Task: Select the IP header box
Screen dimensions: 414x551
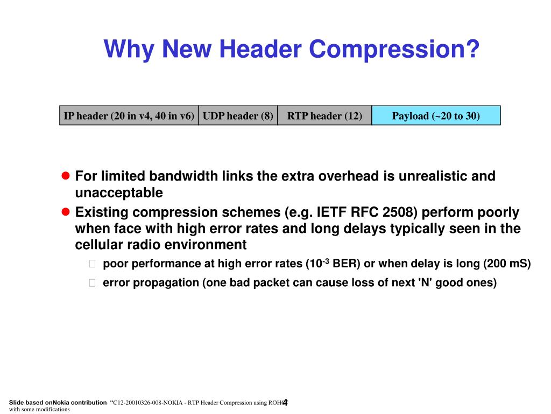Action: pos(129,116)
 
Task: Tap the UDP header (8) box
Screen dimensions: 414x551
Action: pos(238,116)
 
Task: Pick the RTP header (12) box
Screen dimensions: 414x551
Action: pos(324,116)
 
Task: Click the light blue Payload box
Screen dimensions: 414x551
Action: pos(436,116)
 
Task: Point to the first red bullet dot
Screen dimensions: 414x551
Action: pos(66,176)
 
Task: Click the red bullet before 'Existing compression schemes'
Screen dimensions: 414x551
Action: pos(66,211)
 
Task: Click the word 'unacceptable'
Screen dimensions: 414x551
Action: pos(118,193)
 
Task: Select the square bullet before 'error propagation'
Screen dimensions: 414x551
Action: pos(91,283)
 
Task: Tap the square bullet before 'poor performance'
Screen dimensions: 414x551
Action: pos(91,264)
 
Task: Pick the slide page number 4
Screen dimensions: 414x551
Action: pos(285,402)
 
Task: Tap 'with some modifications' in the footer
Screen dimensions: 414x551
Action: pos(40,409)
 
